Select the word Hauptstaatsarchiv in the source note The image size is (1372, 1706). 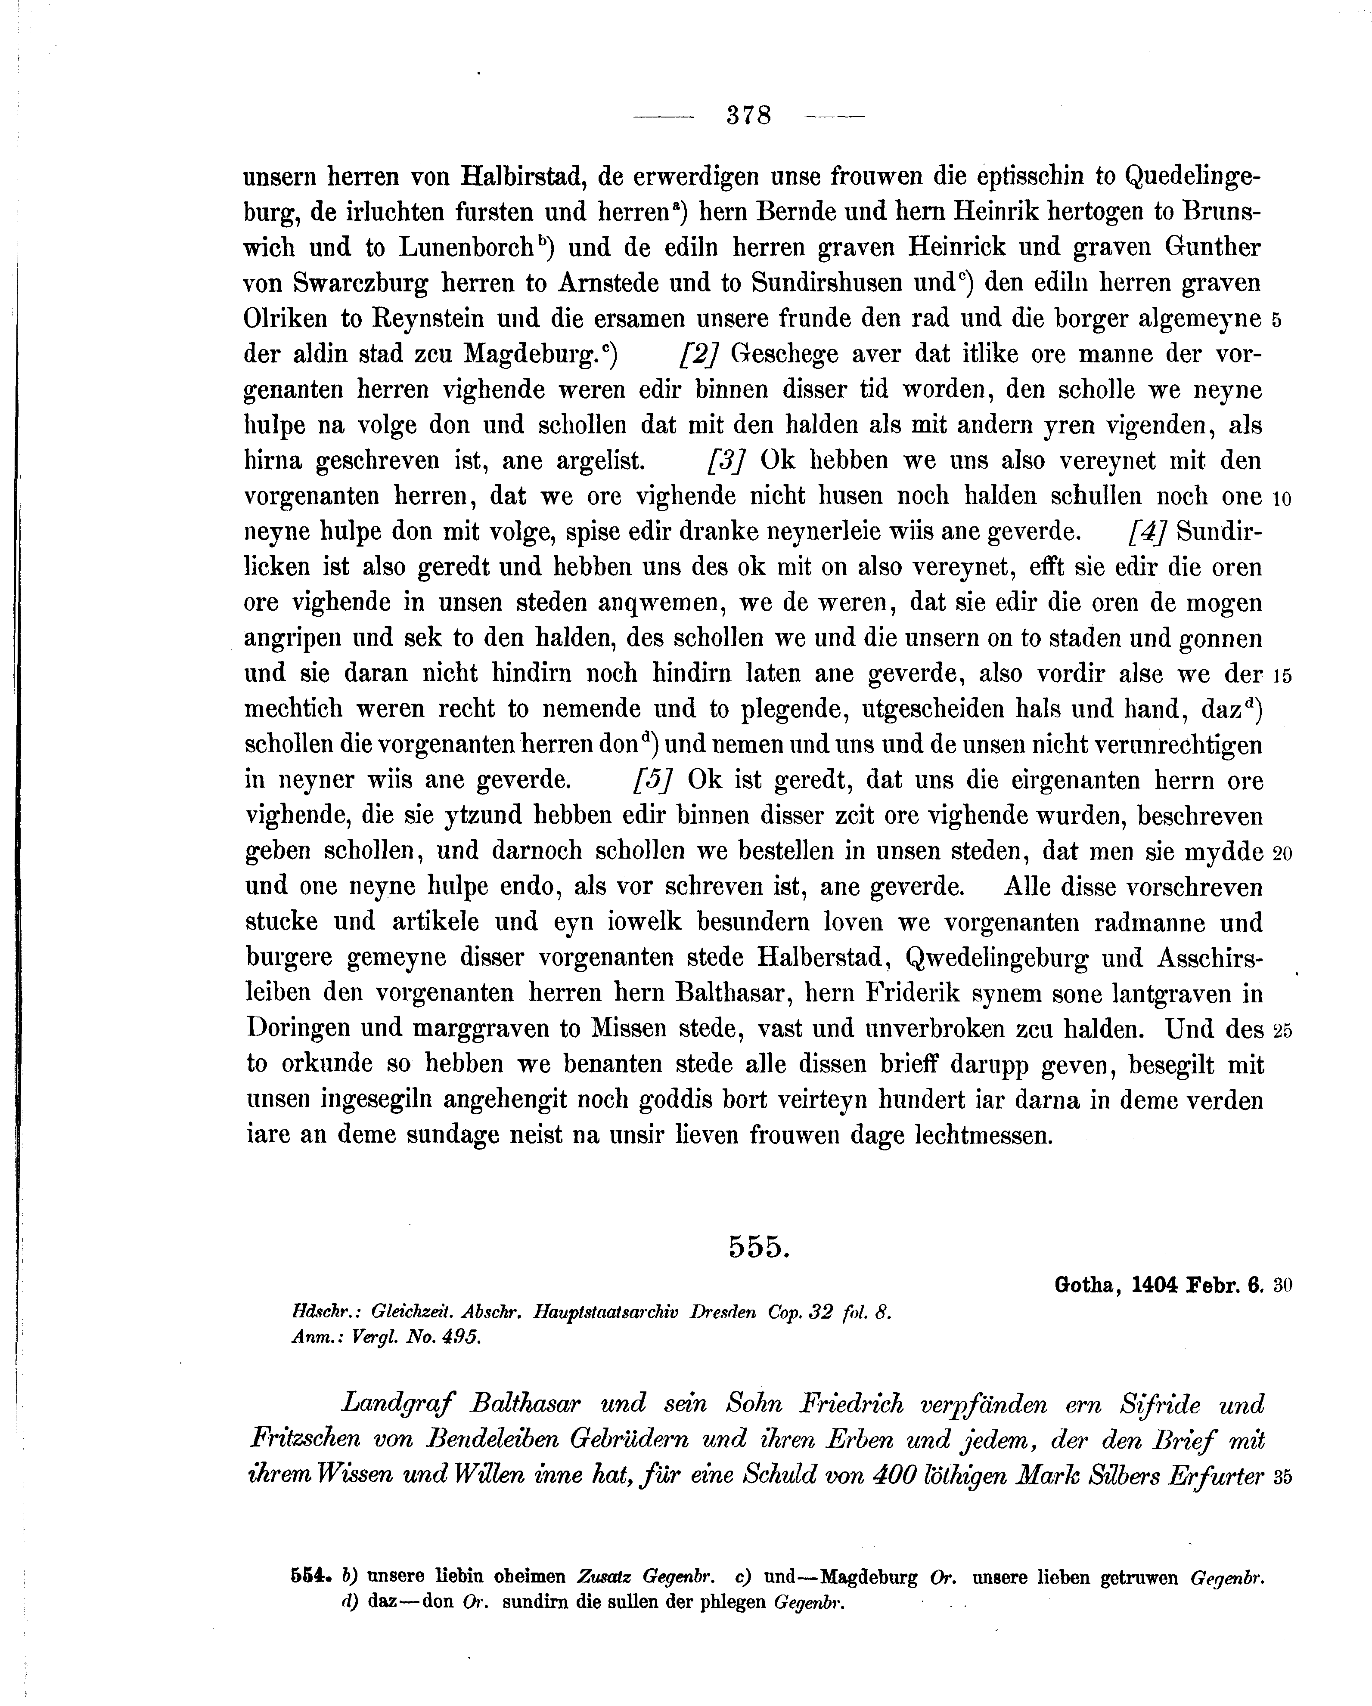point(605,1313)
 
